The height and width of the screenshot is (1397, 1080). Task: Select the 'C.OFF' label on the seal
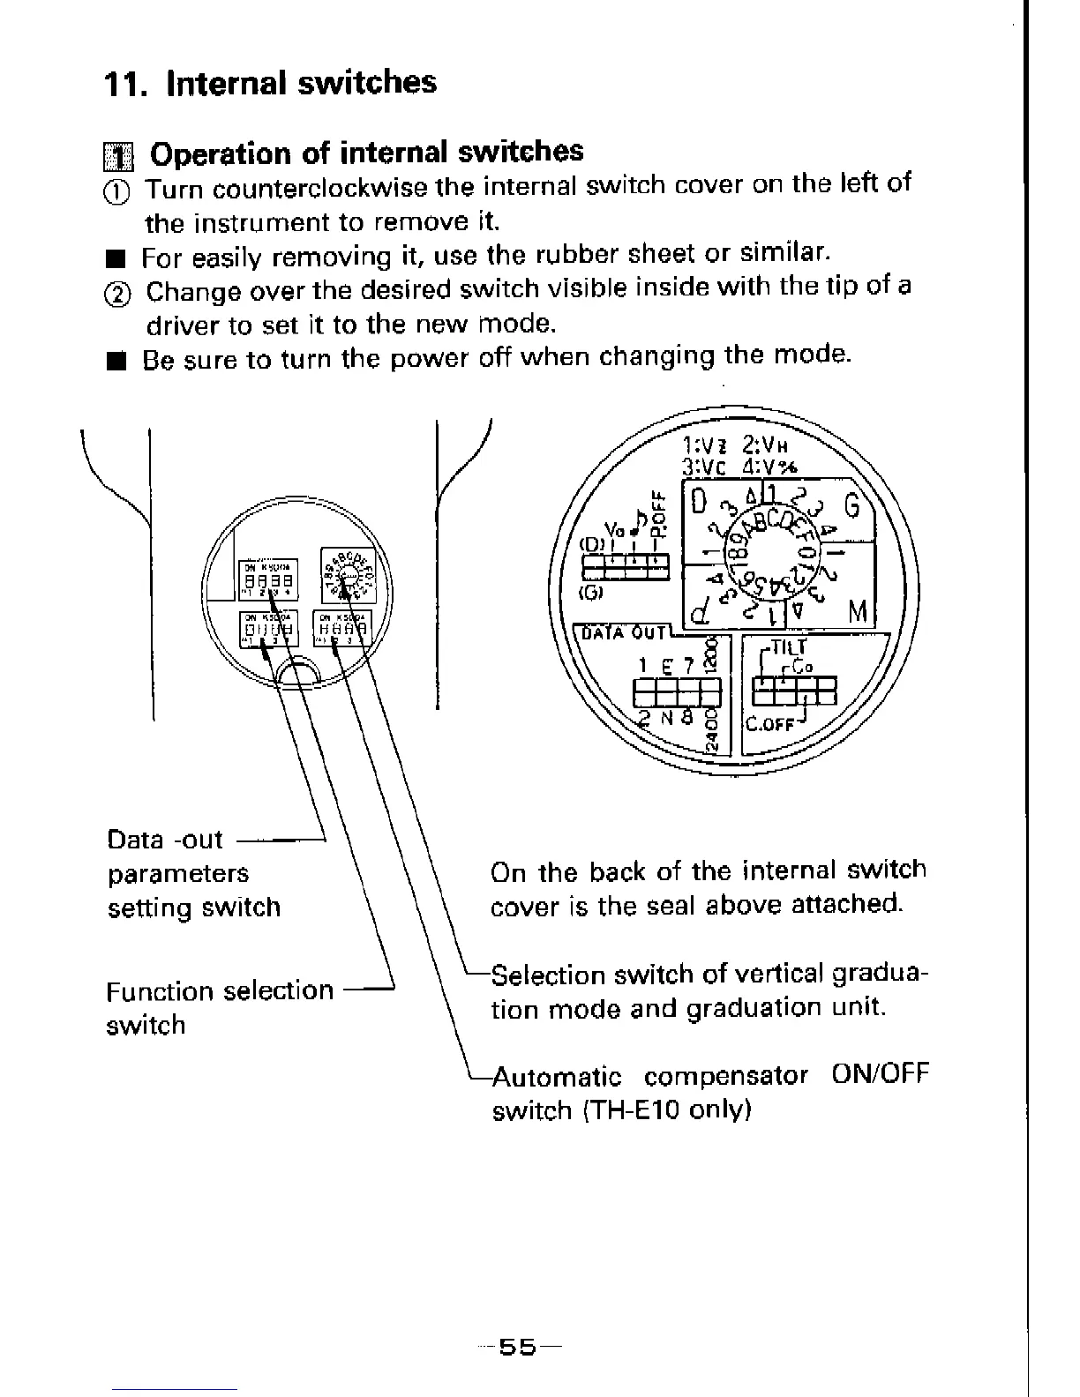770,725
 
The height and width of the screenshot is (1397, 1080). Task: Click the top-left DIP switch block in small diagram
269,580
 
